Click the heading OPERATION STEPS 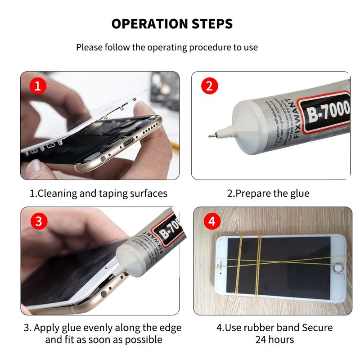(x=172, y=24)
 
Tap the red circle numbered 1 (x=38, y=85)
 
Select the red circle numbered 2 (x=209, y=85)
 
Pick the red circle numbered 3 (x=38, y=221)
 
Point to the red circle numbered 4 (x=211, y=221)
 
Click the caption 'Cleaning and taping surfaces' (x=99, y=193)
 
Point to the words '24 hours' (x=274, y=339)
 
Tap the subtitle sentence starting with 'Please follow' (x=167, y=47)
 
